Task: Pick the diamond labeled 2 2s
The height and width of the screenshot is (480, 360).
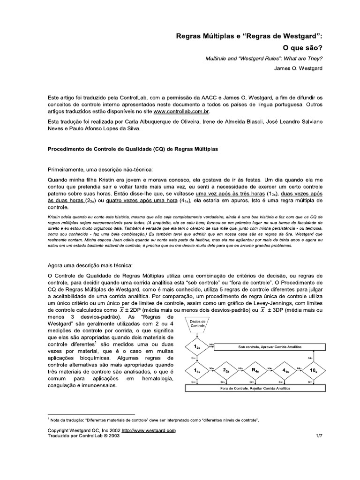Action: pos(226,370)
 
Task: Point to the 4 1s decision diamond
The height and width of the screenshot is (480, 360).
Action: pos(285,370)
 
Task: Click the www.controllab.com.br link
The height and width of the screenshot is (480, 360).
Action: pos(182,112)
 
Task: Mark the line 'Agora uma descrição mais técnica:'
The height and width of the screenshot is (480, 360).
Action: pos(91,265)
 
